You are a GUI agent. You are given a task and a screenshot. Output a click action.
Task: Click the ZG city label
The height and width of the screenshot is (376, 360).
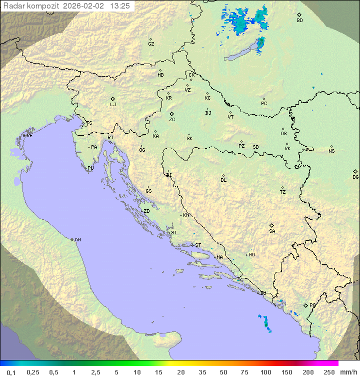[172, 120]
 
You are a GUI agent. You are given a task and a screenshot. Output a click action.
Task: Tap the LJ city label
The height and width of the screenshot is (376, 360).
[113, 105]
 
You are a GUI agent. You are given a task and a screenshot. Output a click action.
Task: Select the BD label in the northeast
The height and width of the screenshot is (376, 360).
[299, 21]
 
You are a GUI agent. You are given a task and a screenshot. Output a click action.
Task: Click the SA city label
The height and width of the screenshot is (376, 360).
[272, 231]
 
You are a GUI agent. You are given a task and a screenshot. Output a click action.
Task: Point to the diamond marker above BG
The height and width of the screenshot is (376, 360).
[355, 171]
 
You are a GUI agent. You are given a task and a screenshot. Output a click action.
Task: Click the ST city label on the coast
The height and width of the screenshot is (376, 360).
[198, 245]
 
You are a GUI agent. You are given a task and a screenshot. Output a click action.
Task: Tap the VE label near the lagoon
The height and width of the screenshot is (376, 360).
[29, 136]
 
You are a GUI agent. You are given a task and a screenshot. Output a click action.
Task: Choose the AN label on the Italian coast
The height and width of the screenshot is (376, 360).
[77, 240]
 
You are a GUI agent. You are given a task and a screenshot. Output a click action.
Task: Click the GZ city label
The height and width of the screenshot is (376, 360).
[151, 44]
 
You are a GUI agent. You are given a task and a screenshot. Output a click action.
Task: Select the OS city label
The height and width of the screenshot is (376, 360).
[283, 134]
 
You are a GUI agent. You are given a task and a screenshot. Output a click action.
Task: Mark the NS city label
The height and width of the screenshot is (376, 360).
[331, 151]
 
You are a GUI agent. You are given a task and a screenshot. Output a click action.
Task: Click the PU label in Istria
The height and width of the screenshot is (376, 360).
[90, 168]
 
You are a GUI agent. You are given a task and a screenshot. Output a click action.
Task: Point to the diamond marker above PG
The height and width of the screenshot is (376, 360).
[306, 305]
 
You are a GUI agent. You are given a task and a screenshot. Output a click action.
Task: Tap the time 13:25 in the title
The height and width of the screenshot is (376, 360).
[120, 6]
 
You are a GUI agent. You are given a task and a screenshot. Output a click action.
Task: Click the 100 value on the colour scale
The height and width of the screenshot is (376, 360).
[265, 372]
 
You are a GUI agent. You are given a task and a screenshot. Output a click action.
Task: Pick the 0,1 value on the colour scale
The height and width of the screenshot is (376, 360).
[11, 372]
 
